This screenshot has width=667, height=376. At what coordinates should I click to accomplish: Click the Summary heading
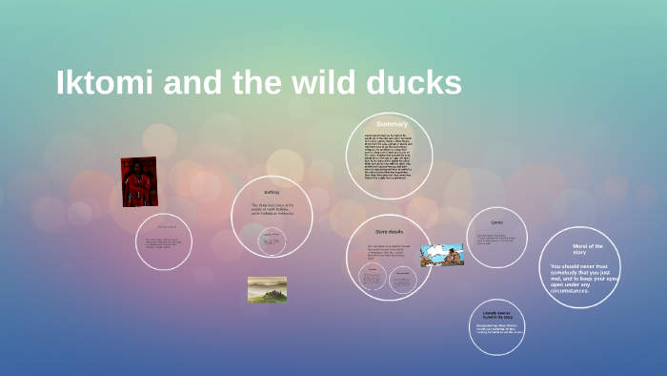coord(391,124)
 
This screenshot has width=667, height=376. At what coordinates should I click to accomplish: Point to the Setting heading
coord(272,192)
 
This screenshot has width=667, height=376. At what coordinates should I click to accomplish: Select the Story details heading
coord(390,232)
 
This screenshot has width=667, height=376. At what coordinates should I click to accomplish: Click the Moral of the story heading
coord(581,250)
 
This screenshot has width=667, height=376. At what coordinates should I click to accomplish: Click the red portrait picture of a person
coord(138,181)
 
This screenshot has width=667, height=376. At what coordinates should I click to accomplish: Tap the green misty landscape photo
coord(267,289)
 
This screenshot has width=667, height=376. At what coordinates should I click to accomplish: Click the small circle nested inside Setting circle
coord(273,242)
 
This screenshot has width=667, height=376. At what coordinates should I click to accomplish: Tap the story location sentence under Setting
coord(273,209)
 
